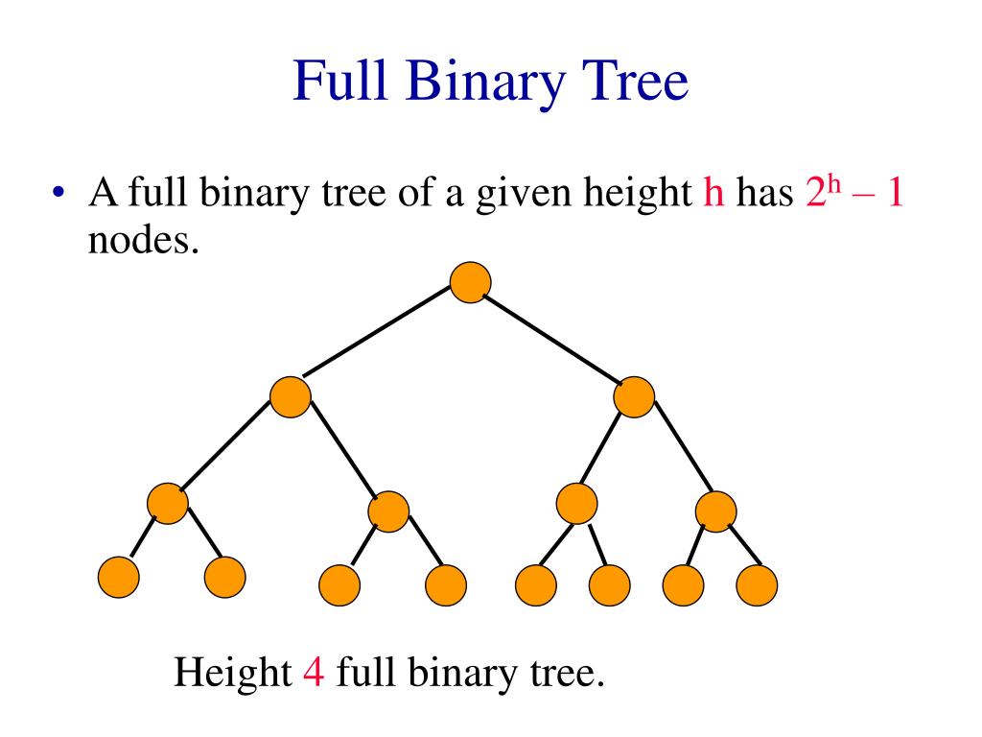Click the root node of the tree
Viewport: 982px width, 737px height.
tap(471, 282)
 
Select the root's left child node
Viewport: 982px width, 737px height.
tap(291, 397)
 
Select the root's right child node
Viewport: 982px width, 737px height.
tap(634, 396)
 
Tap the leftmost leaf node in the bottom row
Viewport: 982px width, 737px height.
tap(119, 576)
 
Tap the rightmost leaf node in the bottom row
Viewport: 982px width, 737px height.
tap(757, 582)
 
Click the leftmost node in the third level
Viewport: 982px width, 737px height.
tap(168, 504)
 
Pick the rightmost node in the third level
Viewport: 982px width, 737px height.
tap(715, 511)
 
